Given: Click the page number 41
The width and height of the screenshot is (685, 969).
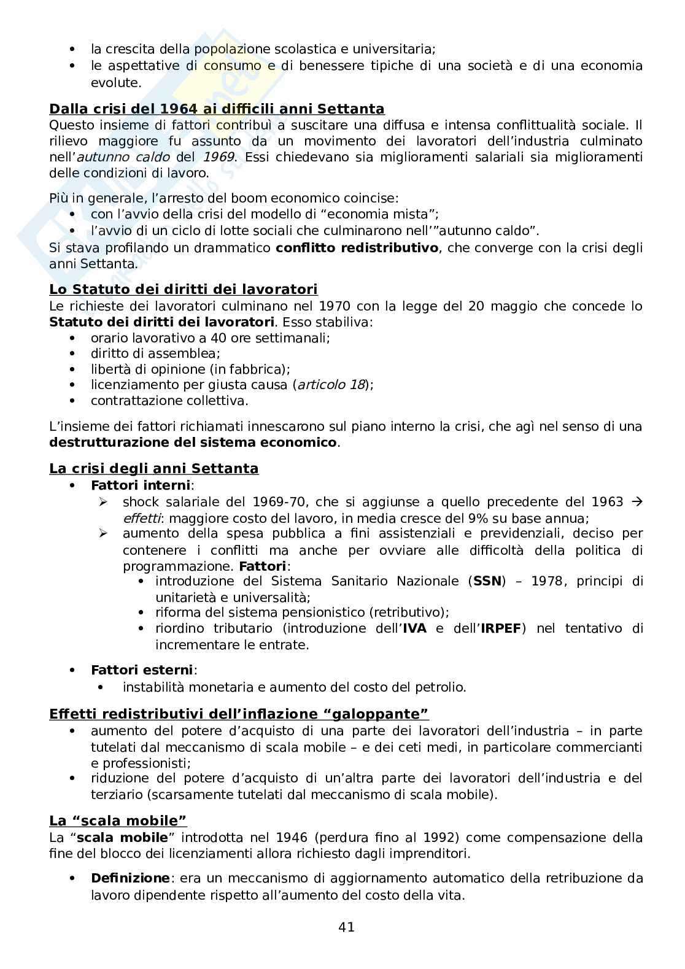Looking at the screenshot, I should pos(346,927).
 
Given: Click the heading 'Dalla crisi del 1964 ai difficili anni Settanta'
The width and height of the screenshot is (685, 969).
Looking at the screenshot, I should pos(217,109).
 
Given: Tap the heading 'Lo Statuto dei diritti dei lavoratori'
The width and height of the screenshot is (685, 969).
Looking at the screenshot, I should pos(183,290).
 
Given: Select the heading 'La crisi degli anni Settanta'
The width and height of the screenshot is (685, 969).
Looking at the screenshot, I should pos(153,469).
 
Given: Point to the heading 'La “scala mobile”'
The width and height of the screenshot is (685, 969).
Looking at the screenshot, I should pos(118,821).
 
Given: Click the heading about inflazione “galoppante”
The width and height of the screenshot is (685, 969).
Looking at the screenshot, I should pos(239,714).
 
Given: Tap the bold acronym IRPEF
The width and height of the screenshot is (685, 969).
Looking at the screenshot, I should pos(502,628).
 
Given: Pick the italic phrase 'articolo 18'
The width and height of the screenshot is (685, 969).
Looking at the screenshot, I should pos(331,385).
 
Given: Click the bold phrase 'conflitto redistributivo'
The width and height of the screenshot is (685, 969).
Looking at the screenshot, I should pos(357,248).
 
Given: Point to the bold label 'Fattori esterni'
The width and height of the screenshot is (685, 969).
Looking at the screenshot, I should pos(142,670).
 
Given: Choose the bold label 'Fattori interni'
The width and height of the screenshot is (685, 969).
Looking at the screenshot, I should pos(141,485).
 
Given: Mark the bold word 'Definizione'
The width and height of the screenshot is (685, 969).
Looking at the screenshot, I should pos(130,878).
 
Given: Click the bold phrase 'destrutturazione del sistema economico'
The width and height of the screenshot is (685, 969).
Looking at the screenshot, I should pos(193,442).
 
